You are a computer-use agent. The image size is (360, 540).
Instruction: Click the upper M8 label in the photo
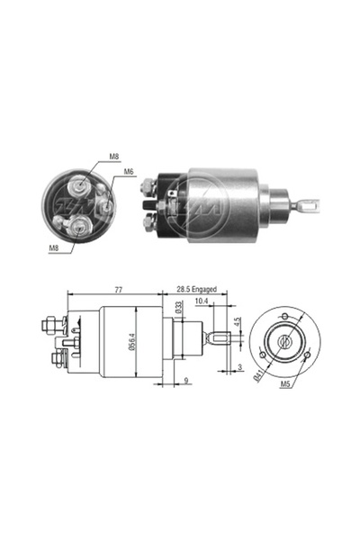pos(114,157)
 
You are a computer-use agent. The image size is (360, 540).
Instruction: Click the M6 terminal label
pos(129,172)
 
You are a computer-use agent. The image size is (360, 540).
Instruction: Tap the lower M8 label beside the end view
pos(54,247)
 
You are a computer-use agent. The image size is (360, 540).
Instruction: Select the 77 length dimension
pos(118,290)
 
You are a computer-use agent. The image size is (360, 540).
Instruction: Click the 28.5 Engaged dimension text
pos(197,289)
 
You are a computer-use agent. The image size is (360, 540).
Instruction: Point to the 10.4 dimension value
pos(202,301)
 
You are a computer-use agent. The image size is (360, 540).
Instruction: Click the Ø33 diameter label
pos(178,307)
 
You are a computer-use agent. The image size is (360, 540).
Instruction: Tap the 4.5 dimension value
pos(237,323)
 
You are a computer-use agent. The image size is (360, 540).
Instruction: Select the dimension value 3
pos(239,367)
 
